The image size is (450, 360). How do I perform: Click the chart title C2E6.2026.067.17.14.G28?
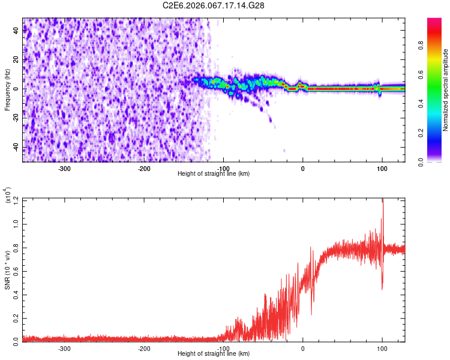tap(214, 5)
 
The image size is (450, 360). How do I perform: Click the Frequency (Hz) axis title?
tap(7, 90)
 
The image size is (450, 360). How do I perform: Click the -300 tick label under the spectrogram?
tap(65, 168)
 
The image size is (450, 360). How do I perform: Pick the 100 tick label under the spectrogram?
tap(382, 168)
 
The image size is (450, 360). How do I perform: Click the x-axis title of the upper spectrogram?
tap(214, 174)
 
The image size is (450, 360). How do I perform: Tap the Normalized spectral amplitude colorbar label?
tap(446, 90)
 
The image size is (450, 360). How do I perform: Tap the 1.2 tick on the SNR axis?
tap(16, 199)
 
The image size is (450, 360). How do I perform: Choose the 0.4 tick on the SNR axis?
tap(16, 293)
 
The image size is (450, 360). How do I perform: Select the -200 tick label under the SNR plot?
tap(144, 347)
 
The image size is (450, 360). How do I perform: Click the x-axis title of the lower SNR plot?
tap(214, 354)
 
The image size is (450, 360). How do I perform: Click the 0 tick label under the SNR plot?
tap(302, 347)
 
